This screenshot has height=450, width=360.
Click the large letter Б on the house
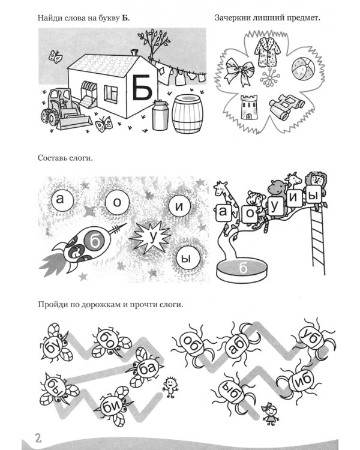[x=142, y=87]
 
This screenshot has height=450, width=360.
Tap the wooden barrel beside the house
[x=187, y=114]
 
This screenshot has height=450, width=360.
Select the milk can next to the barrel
[x=160, y=115]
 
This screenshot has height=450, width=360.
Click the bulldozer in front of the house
[x=65, y=109]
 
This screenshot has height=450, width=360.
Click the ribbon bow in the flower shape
[x=239, y=71]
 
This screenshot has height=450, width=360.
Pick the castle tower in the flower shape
[x=249, y=107]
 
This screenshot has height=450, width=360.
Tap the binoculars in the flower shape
[x=286, y=106]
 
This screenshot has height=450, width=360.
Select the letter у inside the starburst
[x=152, y=237]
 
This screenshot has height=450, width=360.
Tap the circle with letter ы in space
[x=187, y=259]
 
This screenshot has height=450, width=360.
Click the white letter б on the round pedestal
[x=243, y=268]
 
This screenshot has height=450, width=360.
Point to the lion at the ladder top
[x=316, y=181]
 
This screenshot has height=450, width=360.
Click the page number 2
[x=38, y=439]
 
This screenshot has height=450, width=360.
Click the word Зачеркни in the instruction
[x=233, y=18]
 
